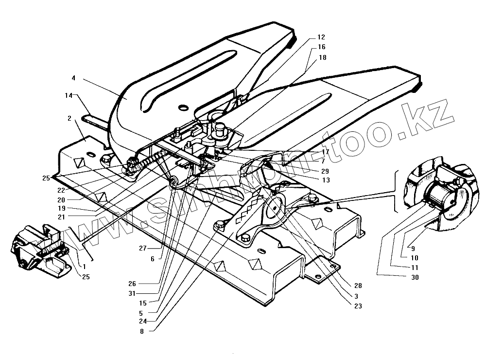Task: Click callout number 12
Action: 321,37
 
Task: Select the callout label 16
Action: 321,47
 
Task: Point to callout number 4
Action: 73,78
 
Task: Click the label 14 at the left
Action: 69,96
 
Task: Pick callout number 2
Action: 69,118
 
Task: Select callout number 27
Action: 142,249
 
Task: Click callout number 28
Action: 358,286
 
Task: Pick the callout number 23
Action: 358,306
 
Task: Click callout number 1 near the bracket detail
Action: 84,267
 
